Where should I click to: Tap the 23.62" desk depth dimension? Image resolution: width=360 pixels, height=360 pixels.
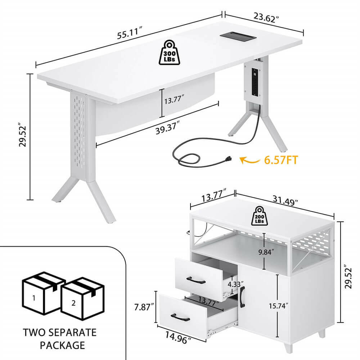[266, 17]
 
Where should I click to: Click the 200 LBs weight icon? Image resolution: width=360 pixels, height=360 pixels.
[259, 216]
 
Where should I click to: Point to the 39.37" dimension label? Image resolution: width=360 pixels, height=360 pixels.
[167, 129]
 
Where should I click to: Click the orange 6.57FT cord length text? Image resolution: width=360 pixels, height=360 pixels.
[281, 160]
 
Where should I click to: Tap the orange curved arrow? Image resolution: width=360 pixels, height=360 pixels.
[249, 160]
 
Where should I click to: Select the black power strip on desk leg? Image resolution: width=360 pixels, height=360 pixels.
[255, 81]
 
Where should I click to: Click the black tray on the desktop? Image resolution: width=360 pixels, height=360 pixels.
[238, 36]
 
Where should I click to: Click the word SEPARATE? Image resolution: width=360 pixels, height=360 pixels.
[73, 332]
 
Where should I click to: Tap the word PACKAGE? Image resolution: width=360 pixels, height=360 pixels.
[62, 345]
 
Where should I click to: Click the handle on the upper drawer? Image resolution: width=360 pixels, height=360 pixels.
[196, 280]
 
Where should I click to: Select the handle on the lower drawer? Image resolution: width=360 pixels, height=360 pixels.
[180, 317]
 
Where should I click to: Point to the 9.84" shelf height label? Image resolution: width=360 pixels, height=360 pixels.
[266, 252]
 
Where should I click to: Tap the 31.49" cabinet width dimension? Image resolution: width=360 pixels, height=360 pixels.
[285, 200]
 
